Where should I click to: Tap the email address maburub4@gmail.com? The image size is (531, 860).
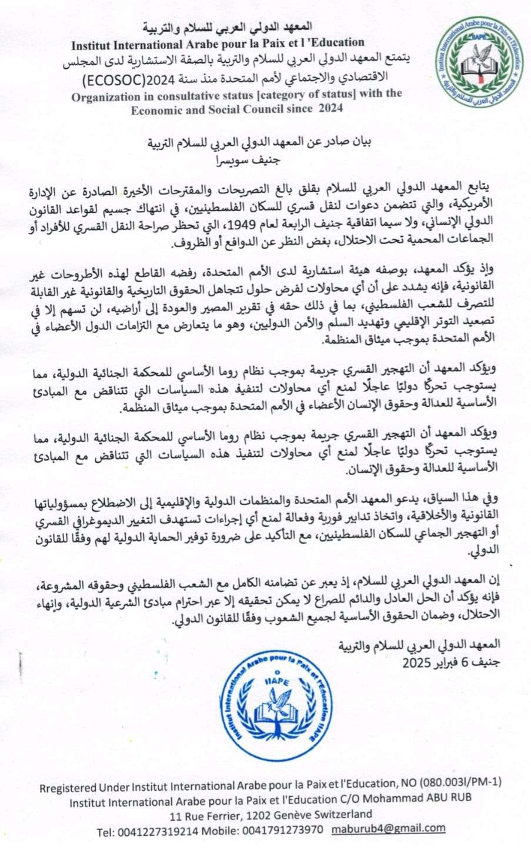(x=388, y=828)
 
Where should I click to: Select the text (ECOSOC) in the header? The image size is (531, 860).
(x=108, y=79)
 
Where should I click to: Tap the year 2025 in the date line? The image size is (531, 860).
(x=416, y=663)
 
